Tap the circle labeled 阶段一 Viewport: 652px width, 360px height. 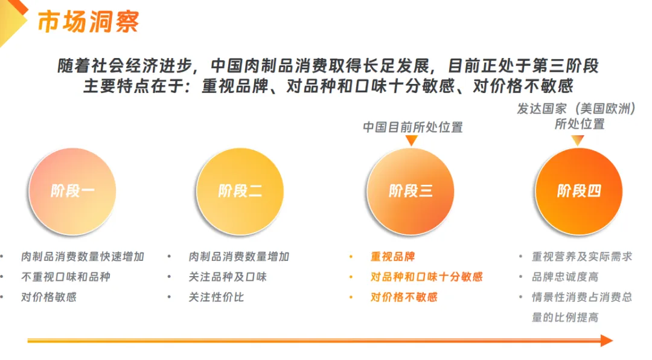pos(72,191)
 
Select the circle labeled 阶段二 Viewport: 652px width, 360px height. pos(240,191)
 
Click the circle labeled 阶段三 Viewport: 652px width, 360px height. pos(411,191)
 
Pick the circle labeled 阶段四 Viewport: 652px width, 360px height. pos(579,191)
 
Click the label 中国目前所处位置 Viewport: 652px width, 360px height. pos(413,127)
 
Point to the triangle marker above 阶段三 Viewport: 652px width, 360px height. pos(412,141)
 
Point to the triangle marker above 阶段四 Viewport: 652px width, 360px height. pos(578,141)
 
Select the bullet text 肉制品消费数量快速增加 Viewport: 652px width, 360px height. pos(83,257)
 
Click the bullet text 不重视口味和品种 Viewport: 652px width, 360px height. pos(66,277)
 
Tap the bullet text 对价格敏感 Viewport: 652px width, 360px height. pos(49,297)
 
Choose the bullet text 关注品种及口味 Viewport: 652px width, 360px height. pos(228,277)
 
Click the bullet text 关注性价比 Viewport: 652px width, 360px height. pos(216,297)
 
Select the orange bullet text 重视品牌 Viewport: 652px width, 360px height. pos(393,257)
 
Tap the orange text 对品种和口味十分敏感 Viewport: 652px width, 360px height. pos(427,277)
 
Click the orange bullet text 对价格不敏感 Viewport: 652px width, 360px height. pos(404,297)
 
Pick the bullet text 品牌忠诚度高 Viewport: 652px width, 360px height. pos(565,277)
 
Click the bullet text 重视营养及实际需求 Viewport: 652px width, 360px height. pos(582,257)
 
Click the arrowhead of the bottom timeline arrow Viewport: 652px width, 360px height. pos(606,341)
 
